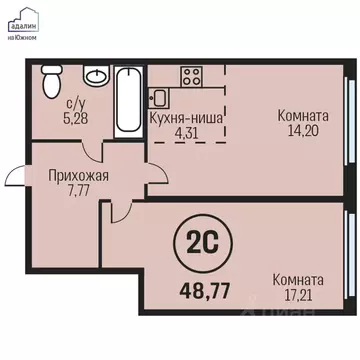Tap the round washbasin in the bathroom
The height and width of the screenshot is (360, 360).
pyautogui.click(x=96, y=77)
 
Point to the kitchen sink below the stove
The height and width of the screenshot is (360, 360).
pyautogui.click(x=157, y=97)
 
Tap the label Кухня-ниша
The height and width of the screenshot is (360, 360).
pyautogui.click(x=186, y=117)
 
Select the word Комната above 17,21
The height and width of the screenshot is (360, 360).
pyautogui.click(x=302, y=281)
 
